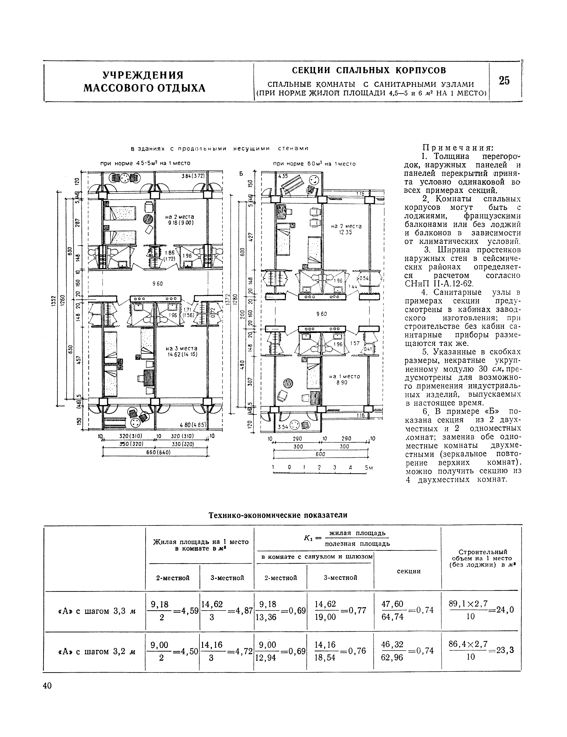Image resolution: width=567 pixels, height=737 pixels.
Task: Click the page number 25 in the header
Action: point(504,81)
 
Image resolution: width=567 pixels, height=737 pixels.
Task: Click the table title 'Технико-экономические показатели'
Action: point(278,515)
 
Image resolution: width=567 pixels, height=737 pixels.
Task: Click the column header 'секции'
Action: point(408,571)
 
